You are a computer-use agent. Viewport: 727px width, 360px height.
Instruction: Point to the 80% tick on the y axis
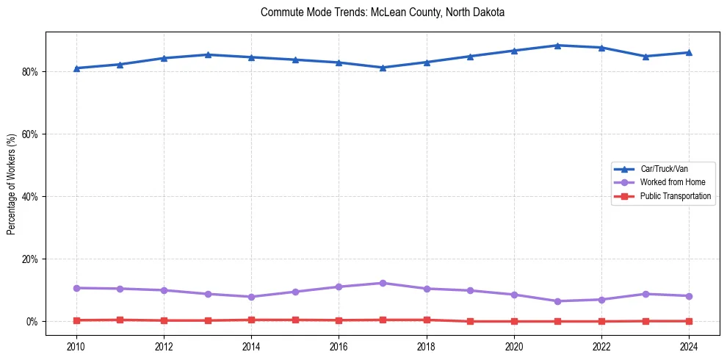pos(31,72)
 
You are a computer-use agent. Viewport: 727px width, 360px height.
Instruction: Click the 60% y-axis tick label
pos(31,134)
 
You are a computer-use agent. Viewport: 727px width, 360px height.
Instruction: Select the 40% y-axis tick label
pos(31,197)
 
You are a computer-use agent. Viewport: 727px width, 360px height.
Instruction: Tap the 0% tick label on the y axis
pos(33,322)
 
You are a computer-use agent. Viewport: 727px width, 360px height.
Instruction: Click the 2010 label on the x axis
pos(76,345)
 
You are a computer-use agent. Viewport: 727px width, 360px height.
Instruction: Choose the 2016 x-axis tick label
pos(339,345)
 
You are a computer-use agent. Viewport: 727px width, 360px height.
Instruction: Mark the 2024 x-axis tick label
pos(690,345)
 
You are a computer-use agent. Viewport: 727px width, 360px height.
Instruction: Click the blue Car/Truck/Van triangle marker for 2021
pos(558,46)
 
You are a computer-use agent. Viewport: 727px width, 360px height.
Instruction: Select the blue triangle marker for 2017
pos(383,68)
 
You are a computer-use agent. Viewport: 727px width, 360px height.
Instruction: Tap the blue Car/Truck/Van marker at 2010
pos(76,68)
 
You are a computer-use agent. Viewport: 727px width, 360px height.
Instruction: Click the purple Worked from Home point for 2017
pos(383,283)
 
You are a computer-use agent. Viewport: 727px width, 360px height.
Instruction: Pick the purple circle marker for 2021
pos(558,301)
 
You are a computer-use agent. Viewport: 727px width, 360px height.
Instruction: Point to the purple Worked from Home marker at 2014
pos(251,297)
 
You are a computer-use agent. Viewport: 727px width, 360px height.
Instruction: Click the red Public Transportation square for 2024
pos(690,321)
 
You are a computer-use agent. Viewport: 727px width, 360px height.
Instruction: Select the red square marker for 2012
pos(164,320)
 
